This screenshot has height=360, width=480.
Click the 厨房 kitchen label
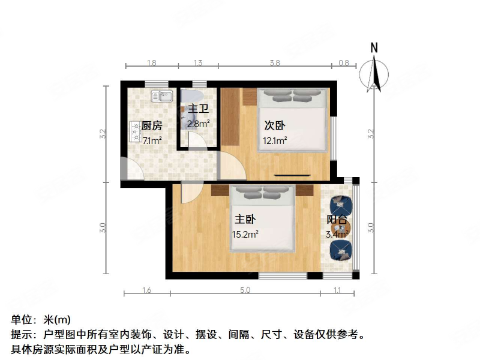pos(151,126)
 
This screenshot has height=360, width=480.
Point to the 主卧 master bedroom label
pos(245,220)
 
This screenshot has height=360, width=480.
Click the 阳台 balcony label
pos(337,220)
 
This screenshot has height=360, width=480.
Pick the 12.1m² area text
pos(274,142)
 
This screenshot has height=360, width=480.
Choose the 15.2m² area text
pos(245,235)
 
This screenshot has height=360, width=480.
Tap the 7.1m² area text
pos(151,141)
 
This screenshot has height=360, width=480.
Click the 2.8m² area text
pos(198,125)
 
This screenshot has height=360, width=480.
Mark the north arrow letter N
pos(374,47)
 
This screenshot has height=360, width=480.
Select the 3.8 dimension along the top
pos(275,62)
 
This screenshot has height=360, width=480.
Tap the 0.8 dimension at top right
pos(344,62)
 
